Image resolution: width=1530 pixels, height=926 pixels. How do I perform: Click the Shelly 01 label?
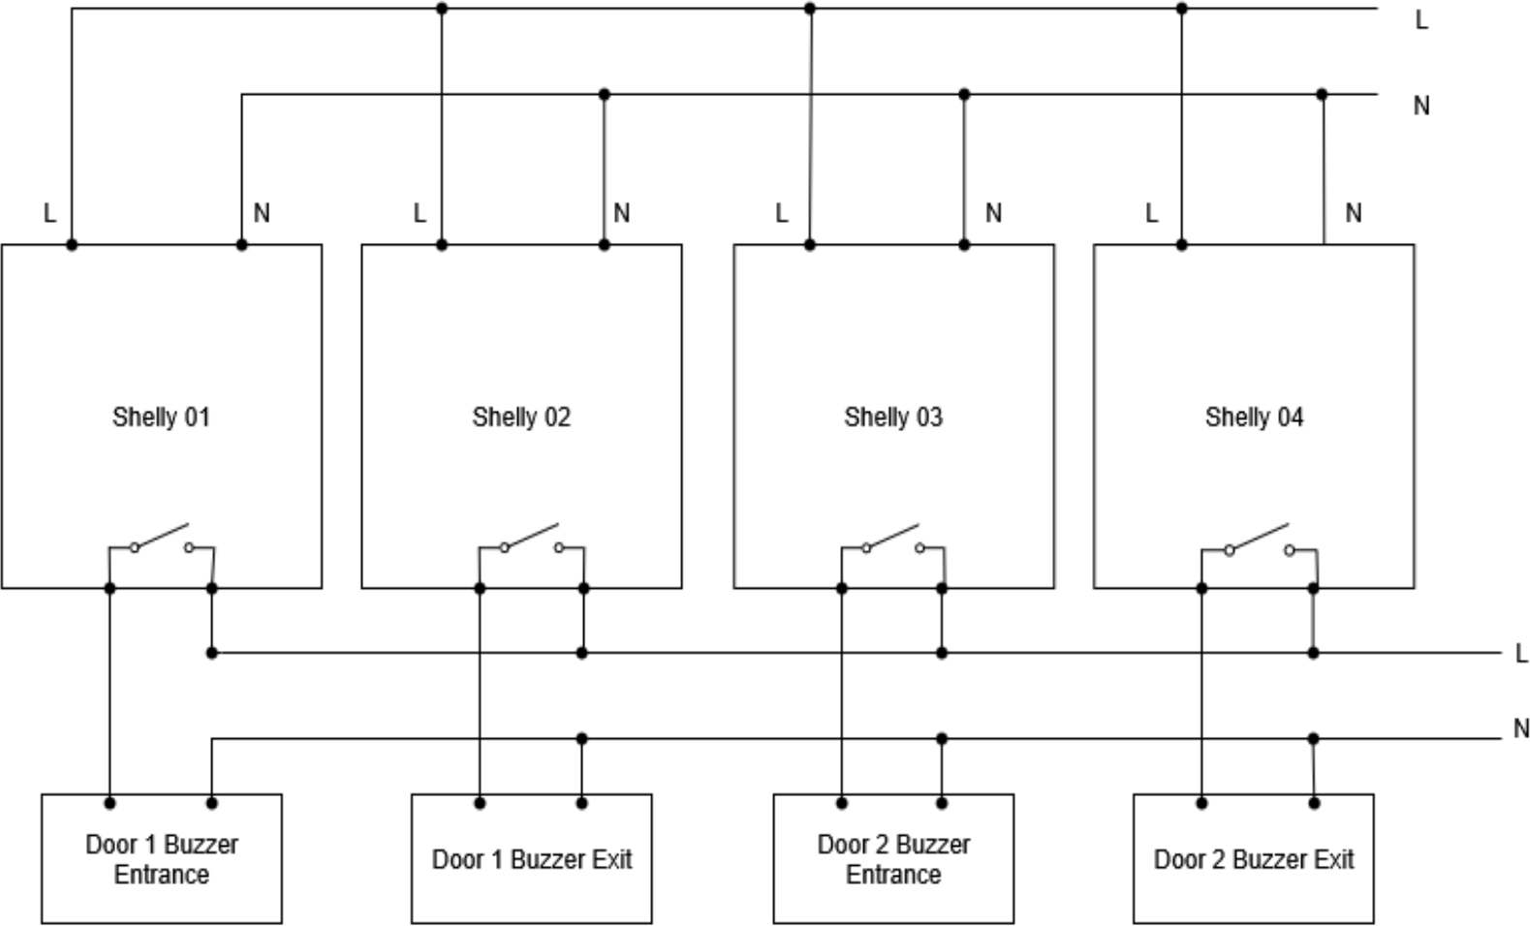161,417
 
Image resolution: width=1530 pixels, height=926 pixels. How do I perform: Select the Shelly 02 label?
521,417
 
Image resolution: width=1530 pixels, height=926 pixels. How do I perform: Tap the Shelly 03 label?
892,417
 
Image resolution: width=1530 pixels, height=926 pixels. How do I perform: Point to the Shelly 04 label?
1254,417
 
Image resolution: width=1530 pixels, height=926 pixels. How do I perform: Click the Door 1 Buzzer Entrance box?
161,859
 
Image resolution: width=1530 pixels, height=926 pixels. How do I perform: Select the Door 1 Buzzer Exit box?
531,859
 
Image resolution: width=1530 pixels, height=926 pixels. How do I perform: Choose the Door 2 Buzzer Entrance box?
892,859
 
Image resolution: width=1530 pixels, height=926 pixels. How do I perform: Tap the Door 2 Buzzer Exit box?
1253,859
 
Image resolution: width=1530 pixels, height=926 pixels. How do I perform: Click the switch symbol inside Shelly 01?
161,540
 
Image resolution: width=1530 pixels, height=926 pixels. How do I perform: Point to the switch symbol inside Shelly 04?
1259,540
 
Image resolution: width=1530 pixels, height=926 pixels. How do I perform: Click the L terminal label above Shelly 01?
49,213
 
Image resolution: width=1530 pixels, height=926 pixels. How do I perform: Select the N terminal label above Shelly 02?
622,213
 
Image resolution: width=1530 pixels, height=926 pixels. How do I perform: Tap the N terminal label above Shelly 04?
1354,213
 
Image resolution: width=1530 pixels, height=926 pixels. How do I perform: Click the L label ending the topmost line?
1421,19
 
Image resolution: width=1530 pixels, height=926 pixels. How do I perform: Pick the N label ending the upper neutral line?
1421,106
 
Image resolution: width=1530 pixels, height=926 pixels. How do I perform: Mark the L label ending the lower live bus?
1521,654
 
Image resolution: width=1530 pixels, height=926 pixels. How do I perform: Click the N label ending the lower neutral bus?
1521,728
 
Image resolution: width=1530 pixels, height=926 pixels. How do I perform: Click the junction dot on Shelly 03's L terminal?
810,245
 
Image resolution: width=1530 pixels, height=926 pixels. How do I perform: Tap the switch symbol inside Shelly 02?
530,540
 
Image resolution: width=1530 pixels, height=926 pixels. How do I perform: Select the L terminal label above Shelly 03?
781,213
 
